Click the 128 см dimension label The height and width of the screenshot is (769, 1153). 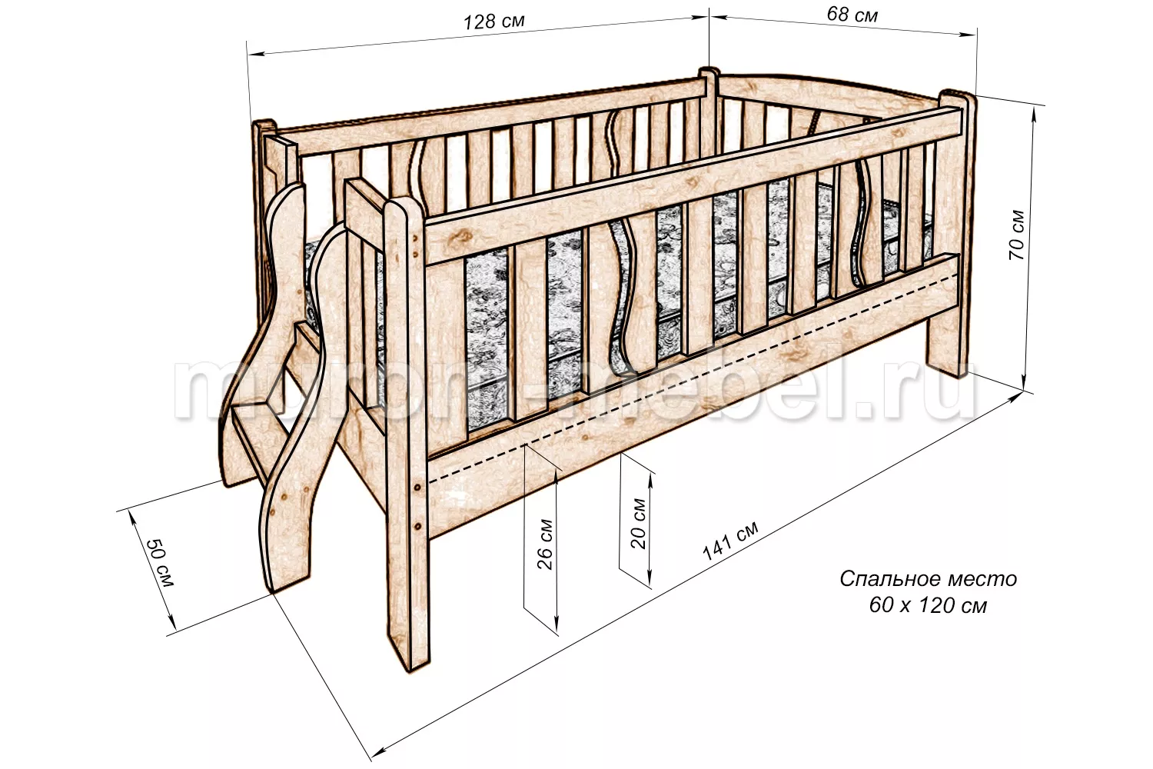(494, 22)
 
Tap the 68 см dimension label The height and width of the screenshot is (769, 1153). (852, 15)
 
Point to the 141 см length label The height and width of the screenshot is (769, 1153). (730, 541)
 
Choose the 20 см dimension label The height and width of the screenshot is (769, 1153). (638, 524)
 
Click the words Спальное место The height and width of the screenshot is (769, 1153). (928, 579)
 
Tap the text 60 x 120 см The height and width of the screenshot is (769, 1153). (928, 606)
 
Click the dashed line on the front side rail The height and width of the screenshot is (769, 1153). (693, 378)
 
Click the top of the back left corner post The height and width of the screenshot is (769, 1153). (264, 125)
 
